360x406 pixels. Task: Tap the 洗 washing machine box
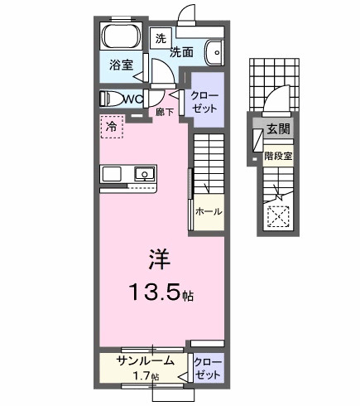[161, 38]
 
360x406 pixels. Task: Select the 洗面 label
[182, 51]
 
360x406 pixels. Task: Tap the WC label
[134, 98]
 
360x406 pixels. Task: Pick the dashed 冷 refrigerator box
[110, 127]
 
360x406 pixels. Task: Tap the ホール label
[208, 212]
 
